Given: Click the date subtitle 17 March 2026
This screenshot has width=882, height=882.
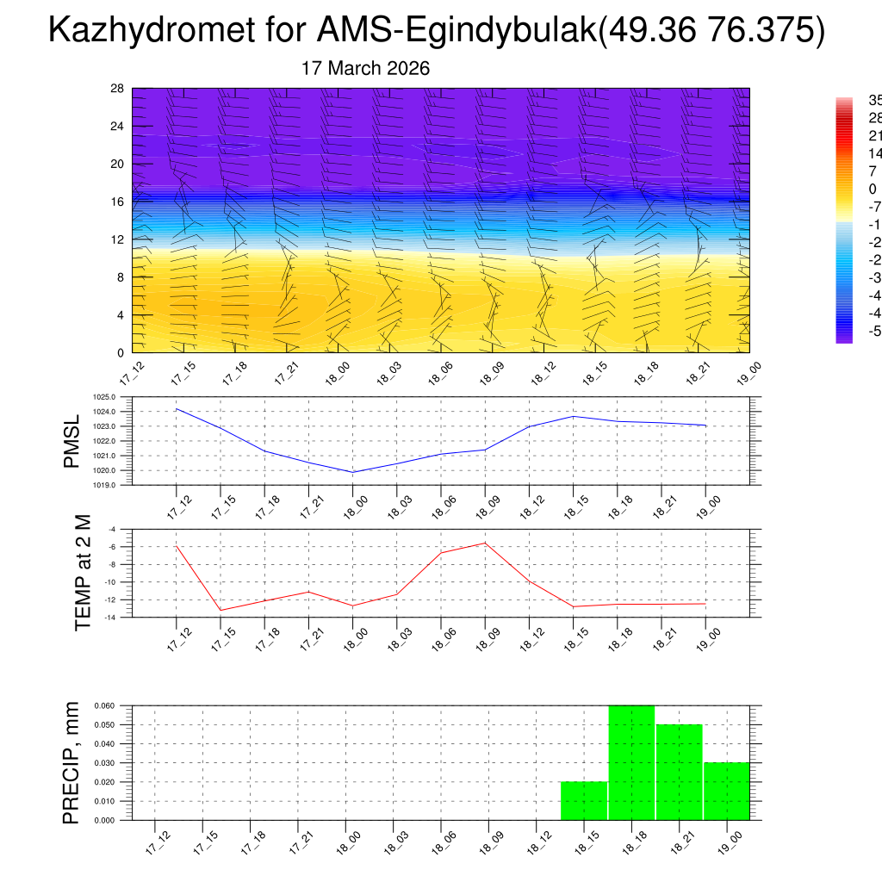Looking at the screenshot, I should coord(365,68).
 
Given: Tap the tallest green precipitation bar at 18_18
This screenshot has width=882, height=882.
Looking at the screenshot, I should coord(631,762).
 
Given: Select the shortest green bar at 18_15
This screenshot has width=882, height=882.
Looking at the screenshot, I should coord(584,801).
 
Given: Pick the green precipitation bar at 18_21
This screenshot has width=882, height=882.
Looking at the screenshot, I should coord(679,772).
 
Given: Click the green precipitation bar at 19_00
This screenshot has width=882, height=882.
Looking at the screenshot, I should coord(726,792).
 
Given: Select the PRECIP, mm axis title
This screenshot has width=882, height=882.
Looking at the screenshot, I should coord(72,762).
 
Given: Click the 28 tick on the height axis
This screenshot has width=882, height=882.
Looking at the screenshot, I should coord(117,88).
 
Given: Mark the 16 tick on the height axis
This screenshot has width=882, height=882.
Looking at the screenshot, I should coord(117,202).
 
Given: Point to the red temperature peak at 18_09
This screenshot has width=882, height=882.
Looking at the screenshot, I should coord(485,543).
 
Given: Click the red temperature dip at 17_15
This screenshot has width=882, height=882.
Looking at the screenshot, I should coord(220,611).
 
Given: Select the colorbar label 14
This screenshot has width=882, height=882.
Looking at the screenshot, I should coord(874,153).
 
